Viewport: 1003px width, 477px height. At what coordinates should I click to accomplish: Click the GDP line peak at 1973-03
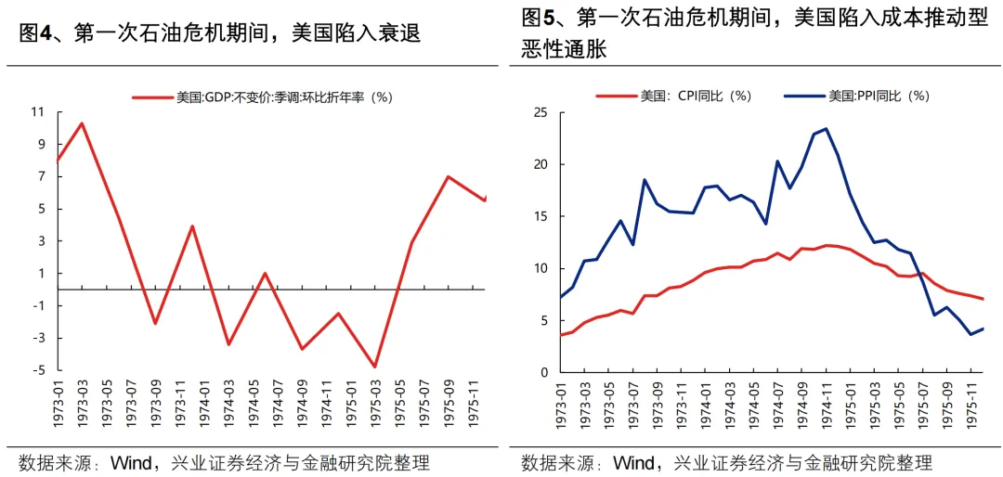82,123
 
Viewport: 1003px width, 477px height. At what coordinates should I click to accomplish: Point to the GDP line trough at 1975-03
375,367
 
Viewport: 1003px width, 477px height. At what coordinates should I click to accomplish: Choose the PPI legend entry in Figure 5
856,96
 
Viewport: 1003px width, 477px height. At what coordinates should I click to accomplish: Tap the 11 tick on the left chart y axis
38,112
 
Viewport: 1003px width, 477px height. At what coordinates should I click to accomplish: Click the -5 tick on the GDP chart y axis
38,370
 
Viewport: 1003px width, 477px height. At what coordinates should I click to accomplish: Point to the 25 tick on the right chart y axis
541,112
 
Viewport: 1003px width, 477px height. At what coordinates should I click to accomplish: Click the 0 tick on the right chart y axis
545,372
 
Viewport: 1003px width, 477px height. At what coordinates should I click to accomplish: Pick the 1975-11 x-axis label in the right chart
970,406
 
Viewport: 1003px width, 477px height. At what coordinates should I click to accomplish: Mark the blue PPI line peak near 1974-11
827,129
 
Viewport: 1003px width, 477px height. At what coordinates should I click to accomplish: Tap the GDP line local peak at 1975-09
449,176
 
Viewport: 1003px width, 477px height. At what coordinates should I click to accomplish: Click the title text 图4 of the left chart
36,33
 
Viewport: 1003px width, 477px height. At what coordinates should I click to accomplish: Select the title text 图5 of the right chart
539,18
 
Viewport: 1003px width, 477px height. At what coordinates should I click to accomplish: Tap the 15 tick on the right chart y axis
541,216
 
